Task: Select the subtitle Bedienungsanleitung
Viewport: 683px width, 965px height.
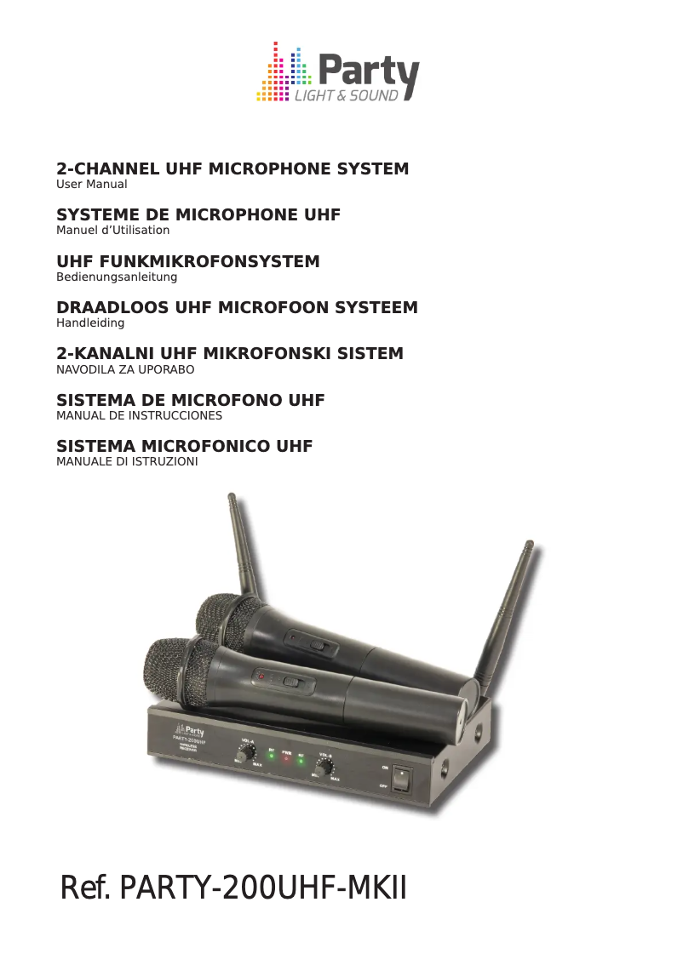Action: point(117,277)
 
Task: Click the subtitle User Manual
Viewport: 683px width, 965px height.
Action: point(91,185)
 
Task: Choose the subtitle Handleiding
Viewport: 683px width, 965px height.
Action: point(90,323)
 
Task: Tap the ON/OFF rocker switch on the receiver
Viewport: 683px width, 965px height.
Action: point(401,779)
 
